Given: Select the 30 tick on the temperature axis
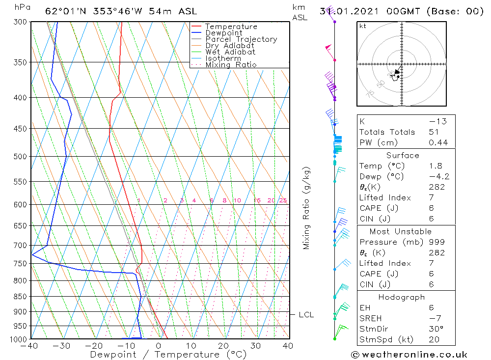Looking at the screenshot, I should (255, 346).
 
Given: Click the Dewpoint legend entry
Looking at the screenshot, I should (223, 33).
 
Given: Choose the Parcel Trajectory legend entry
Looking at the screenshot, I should (241, 39).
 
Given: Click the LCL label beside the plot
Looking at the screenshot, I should (306, 314).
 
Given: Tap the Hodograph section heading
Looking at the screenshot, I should (402, 297).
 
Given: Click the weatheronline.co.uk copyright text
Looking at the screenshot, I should (409, 354).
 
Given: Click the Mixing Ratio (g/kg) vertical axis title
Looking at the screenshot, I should (307, 208).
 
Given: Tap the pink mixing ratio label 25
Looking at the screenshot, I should (283, 200).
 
